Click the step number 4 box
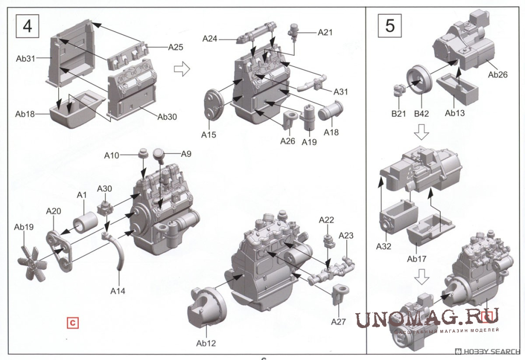[27, 26]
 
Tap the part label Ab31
[25, 59]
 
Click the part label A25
[176, 47]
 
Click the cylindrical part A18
[331, 110]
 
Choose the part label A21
[325, 32]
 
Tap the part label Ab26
[497, 74]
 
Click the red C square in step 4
[73, 323]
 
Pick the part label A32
[383, 246]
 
